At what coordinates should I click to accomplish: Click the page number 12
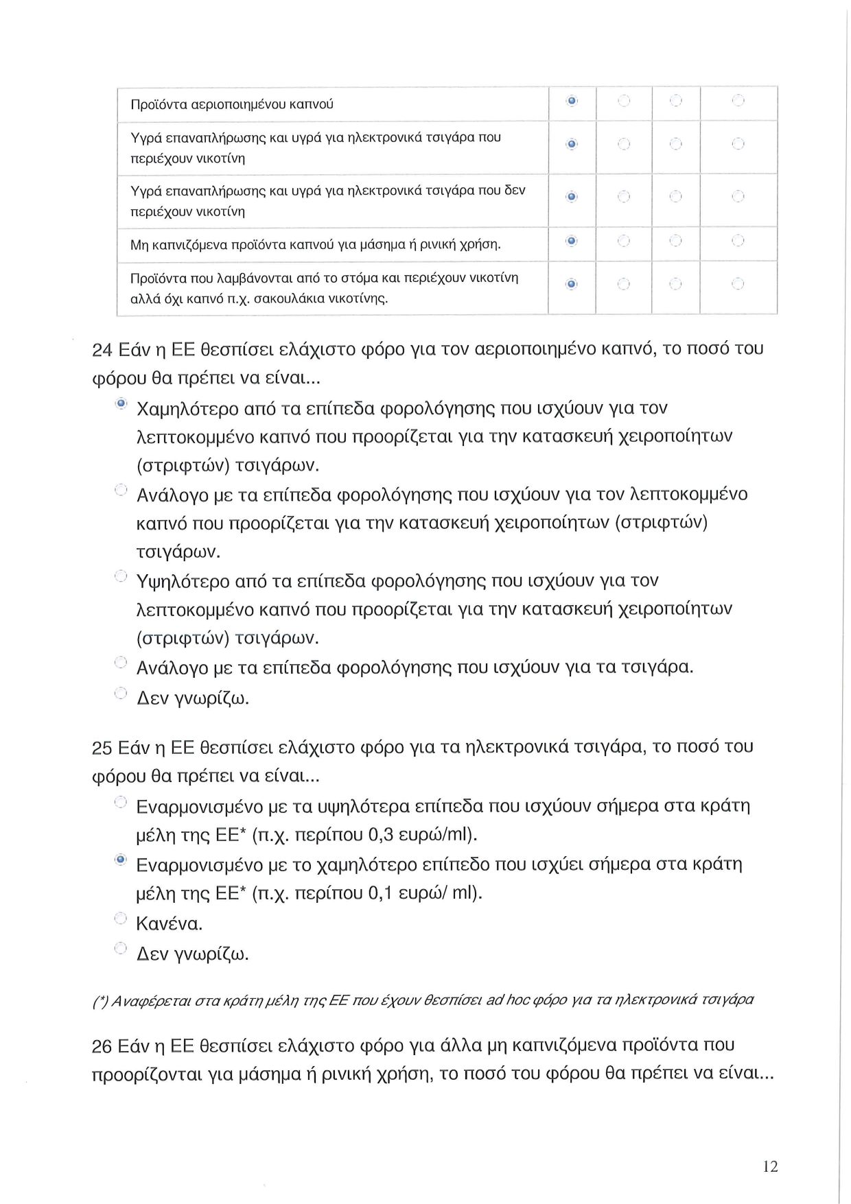point(770,1166)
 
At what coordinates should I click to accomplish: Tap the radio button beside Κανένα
point(121,918)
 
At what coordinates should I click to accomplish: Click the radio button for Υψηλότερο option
point(121,576)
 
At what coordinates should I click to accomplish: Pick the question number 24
point(102,350)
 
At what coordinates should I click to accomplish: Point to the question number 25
point(102,747)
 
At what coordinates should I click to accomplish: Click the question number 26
point(102,1046)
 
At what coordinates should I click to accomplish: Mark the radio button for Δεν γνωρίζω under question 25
point(121,948)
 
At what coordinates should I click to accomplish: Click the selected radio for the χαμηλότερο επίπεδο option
point(121,860)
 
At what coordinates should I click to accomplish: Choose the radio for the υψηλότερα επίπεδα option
point(121,801)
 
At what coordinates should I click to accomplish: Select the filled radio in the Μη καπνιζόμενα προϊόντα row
point(572,241)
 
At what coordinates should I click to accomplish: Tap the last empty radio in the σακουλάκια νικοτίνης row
point(738,283)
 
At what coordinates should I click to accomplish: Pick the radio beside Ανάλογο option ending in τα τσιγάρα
point(121,662)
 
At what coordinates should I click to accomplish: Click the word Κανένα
point(169,923)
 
